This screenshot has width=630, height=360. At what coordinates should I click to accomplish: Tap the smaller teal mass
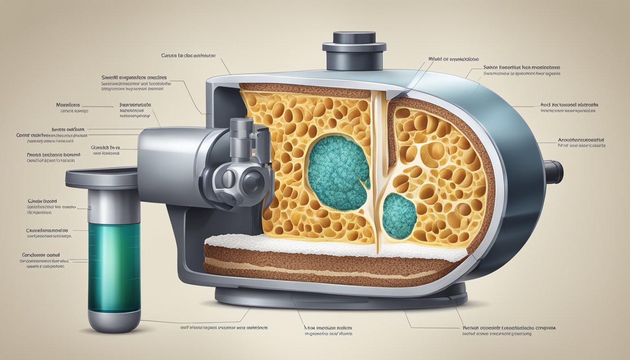point(399,216)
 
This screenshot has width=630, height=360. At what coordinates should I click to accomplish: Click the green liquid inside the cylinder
point(114,267)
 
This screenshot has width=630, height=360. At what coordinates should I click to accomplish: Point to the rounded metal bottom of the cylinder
point(114,323)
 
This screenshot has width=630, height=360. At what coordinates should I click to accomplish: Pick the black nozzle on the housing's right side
point(553,172)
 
